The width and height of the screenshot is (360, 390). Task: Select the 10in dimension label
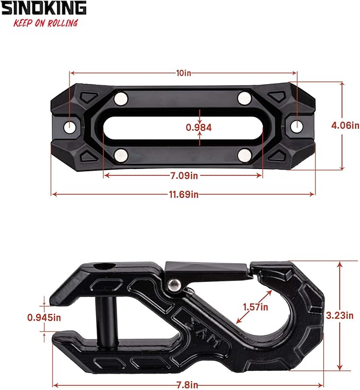click(184, 73)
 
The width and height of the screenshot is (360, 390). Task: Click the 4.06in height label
click(344, 126)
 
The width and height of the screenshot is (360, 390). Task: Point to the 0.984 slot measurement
click(199, 127)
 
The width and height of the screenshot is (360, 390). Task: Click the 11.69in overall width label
click(184, 194)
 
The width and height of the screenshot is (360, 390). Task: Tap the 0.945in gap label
click(43, 318)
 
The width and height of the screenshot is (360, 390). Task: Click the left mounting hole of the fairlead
click(71, 127)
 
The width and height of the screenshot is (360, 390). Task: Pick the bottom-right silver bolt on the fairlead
click(244, 155)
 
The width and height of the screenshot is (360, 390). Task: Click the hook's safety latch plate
click(207, 271)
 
